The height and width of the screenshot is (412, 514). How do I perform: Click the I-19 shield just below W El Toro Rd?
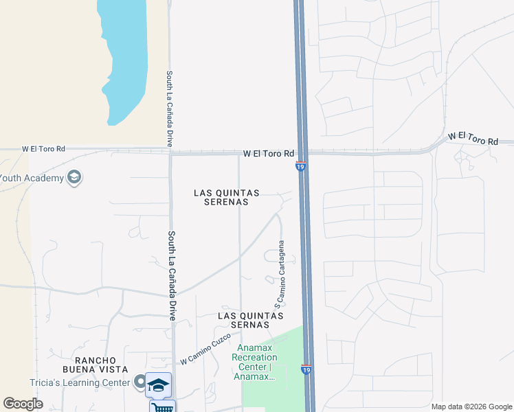[300, 166]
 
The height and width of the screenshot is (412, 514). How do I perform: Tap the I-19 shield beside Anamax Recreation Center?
[306, 369]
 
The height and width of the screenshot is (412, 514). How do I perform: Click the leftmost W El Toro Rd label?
[43, 148]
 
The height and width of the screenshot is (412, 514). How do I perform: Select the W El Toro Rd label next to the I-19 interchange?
[269, 153]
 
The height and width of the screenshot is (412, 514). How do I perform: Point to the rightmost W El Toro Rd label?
[473, 139]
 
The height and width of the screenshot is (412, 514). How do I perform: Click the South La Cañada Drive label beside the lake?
[168, 108]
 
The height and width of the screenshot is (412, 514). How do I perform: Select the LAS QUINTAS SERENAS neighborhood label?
[226, 197]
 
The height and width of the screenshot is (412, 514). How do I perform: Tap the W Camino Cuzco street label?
[203, 350]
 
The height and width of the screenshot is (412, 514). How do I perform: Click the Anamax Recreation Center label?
[255, 362]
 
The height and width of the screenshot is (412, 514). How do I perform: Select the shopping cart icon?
[163, 407]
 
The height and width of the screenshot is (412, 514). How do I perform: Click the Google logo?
[23, 404]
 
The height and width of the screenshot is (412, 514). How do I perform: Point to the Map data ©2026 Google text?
[471, 407]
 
